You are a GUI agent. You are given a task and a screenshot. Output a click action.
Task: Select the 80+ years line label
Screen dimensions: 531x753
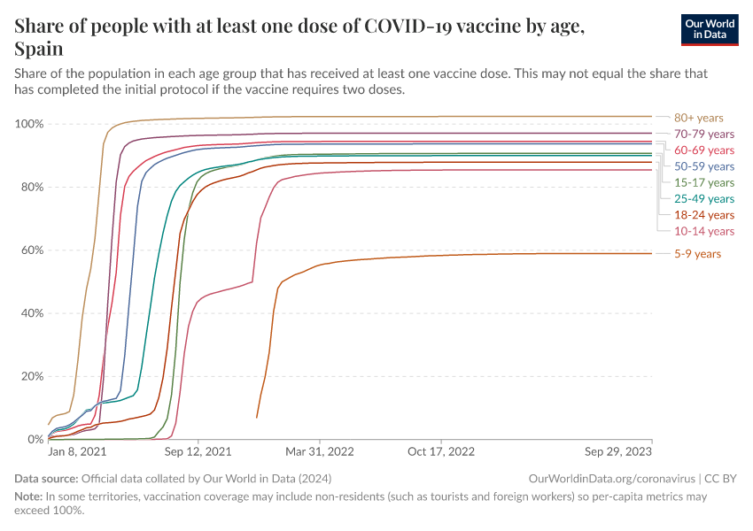(698, 118)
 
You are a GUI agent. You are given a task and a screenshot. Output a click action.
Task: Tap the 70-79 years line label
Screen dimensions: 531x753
(704, 134)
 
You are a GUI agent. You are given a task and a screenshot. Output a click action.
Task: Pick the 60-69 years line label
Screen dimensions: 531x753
(704, 150)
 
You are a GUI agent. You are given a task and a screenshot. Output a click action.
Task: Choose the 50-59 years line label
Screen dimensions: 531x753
(704, 166)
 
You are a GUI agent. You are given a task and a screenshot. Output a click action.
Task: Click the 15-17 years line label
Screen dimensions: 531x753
(704, 182)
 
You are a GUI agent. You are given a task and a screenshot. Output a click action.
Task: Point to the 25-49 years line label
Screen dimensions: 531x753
(704, 199)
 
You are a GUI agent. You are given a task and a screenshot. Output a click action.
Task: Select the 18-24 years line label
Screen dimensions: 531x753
(704, 215)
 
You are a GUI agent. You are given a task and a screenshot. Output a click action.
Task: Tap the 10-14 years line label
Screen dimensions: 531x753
(704, 231)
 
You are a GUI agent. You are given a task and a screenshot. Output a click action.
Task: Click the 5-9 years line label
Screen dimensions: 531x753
(697, 254)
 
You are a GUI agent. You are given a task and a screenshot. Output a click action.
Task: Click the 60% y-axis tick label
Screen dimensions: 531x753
(32, 250)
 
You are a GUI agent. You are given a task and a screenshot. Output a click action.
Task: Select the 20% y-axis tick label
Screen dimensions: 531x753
(32, 376)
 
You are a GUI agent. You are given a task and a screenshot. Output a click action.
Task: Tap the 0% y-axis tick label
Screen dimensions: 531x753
(35, 439)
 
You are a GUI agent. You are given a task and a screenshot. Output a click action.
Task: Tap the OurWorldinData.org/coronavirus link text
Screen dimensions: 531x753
(610, 478)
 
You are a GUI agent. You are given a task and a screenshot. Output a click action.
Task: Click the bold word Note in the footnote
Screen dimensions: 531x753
(29, 496)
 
